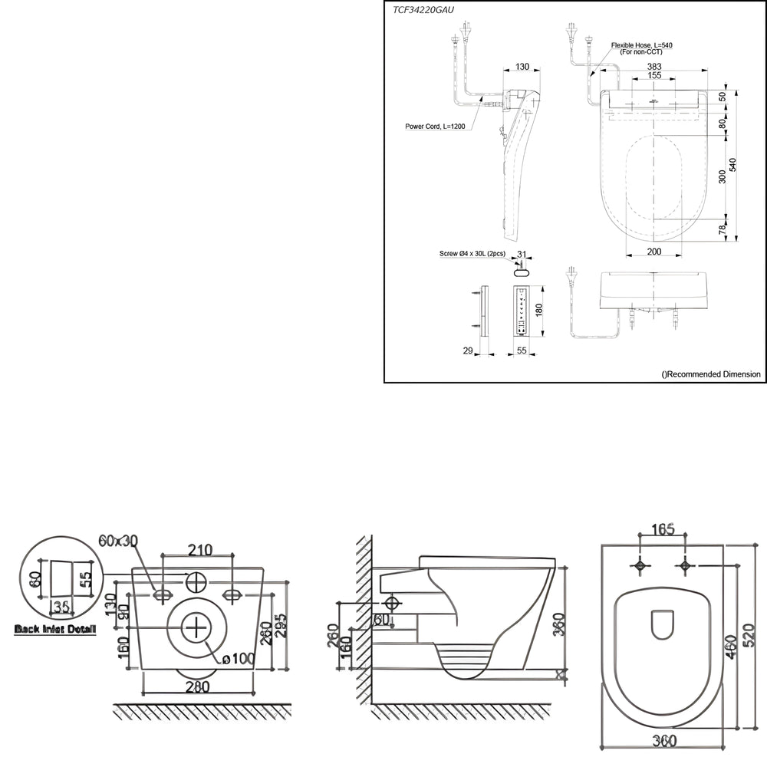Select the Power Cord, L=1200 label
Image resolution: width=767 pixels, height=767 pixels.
pos(435,126)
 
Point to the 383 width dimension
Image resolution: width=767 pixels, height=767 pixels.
pos(653,67)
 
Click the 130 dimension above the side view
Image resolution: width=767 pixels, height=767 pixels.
pos(522,67)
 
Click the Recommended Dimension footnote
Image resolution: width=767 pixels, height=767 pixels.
pos(711,374)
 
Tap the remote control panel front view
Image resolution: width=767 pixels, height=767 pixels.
pos(521,311)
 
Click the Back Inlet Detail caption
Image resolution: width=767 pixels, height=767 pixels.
pos(55,630)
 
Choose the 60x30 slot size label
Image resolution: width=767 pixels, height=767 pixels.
pos(118,541)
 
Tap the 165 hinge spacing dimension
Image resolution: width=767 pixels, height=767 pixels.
pos(663,528)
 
